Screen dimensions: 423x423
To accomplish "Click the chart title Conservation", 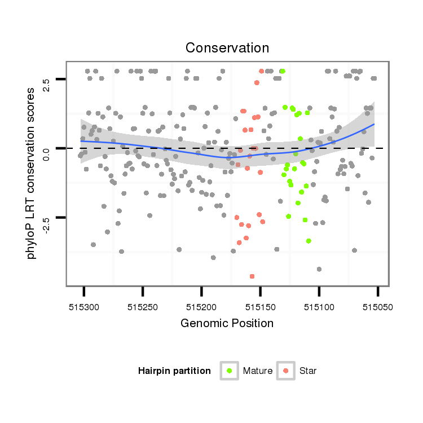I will pos(227,48).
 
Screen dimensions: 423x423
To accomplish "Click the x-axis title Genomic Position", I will pos(227,323).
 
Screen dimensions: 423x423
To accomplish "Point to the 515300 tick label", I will pos(83,307).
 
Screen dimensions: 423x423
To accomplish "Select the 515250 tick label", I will pos(143,307).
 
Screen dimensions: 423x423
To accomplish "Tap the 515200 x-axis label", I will pos(201,307).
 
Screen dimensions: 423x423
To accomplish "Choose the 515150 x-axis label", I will pos(260,307).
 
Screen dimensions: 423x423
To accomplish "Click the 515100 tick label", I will pos(319,307).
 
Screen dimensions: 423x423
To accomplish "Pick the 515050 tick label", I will pos(377,307).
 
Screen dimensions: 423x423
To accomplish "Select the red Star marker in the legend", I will pos(286,371).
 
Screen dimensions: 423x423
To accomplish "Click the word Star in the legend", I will pos(308,371).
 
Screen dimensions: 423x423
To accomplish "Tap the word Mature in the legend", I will pos(258,371).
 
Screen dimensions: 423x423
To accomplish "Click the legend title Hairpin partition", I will pos(174,371).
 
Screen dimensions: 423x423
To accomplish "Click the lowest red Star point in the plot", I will pos(252,276).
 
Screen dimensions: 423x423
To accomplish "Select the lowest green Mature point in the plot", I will pos(309,241).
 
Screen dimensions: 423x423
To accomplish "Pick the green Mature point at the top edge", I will pos(283,71).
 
